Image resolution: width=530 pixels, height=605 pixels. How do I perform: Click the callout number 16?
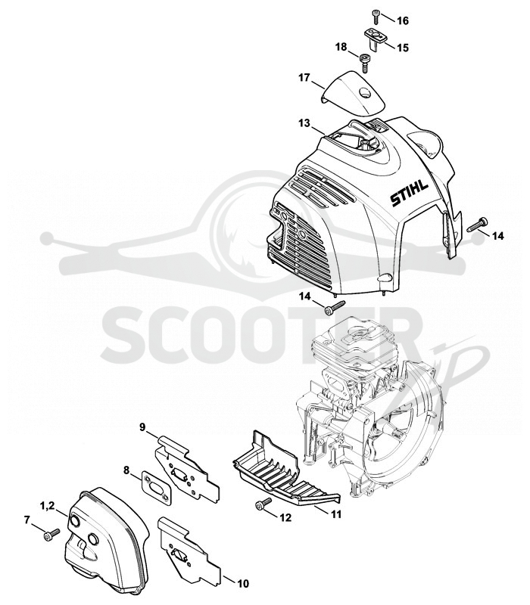click(402, 20)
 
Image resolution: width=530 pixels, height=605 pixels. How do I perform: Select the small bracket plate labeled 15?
click(376, 39)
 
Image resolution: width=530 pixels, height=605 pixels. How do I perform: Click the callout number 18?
click(341, 47)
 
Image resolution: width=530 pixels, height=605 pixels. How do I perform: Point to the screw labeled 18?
click(365, 63)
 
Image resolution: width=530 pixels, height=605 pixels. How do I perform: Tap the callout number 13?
click(304, 123)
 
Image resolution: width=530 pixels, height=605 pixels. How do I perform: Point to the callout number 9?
click(142, 427)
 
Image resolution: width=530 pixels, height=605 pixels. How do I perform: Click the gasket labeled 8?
click(155, 488)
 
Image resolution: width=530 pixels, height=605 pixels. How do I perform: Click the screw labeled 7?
click(51, 535)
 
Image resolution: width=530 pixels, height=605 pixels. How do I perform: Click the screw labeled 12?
click(263, 502)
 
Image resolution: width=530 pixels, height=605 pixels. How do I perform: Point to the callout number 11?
click(335, 514)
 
